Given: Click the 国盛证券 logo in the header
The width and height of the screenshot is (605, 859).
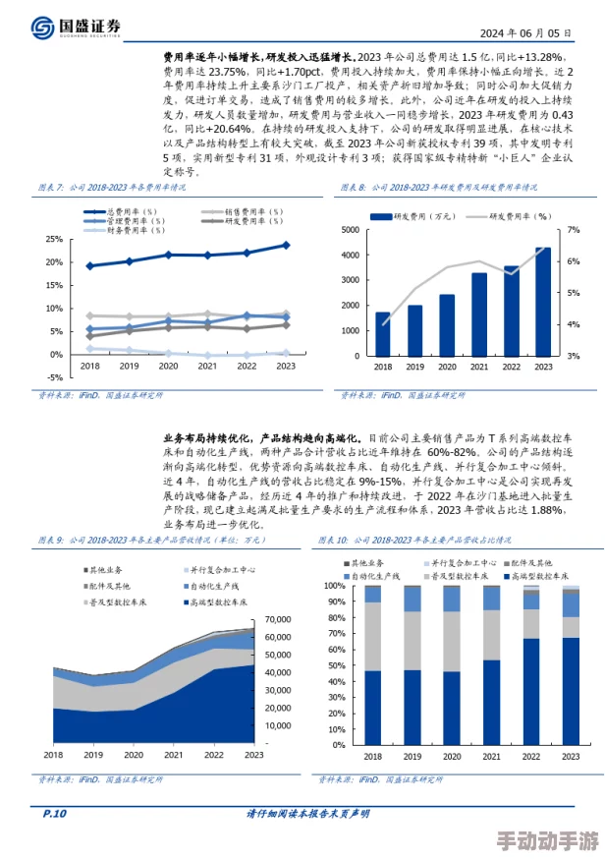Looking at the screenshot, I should click(75, 27).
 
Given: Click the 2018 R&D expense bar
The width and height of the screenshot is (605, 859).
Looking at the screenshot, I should click(383, 334).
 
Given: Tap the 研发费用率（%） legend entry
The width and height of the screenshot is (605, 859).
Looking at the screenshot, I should click(502, 215).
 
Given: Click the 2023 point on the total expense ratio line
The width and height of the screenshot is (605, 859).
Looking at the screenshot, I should click(286, 245).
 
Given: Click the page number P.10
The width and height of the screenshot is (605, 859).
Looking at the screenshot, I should click(54, 814).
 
